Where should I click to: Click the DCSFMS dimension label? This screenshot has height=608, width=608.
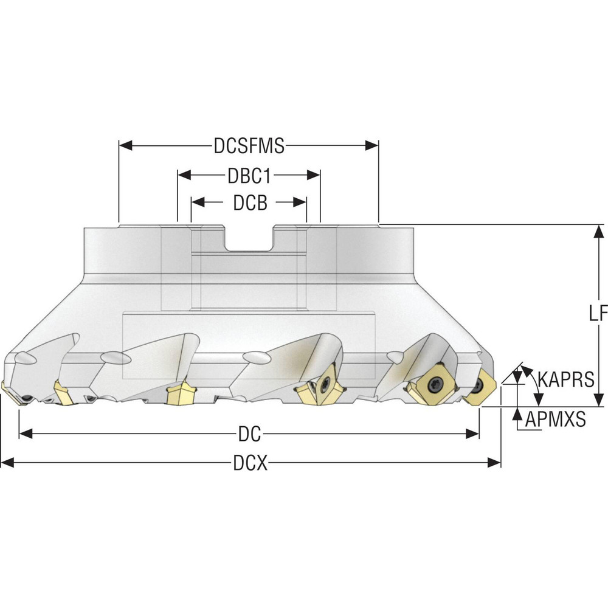point(249,146)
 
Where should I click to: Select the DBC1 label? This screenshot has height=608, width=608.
point(249,176)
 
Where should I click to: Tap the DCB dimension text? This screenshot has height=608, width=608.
point(250,202)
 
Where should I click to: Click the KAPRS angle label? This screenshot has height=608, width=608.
point(566,379)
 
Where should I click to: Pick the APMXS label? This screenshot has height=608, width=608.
point(555,419)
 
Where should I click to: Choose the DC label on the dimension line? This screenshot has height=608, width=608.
point(249,434)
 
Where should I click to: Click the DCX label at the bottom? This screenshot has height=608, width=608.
point(250,463)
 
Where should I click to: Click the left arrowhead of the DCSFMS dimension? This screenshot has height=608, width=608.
point(126,146)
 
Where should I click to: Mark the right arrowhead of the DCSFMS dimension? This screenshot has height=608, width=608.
point(371,146)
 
